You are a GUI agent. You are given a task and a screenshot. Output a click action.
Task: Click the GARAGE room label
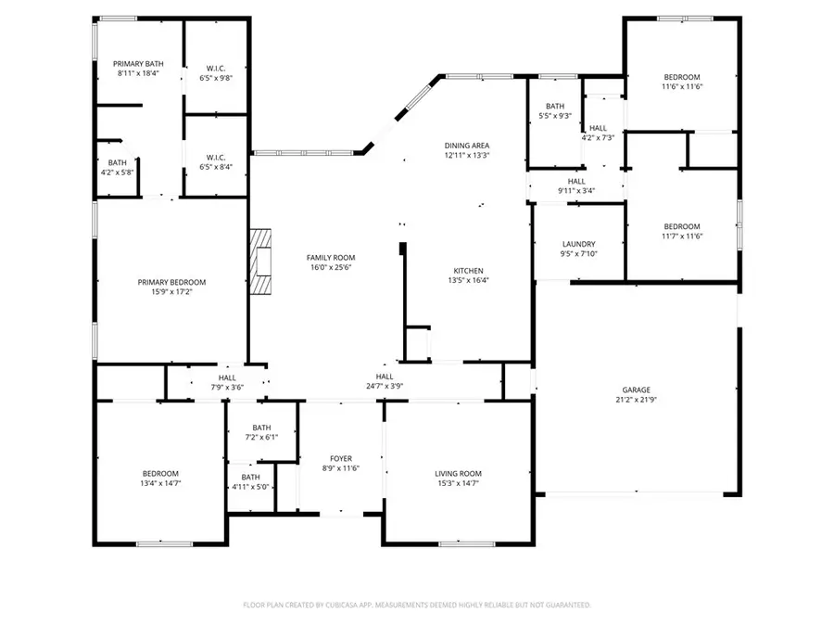click(636, 390)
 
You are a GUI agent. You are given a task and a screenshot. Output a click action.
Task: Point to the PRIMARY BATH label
click(138, 63)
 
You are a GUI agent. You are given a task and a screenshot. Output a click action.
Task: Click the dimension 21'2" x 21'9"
click(636, 401)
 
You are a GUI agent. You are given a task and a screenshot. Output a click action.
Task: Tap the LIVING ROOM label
click(459, 473)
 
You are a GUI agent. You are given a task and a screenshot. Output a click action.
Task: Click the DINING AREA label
click(467, 146)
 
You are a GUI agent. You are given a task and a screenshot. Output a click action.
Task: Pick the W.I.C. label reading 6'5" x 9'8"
click(215, 79)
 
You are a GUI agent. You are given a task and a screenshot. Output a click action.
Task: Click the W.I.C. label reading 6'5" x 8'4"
click(215, 167)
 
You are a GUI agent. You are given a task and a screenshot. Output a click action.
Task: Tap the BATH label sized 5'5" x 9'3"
click(555, 116)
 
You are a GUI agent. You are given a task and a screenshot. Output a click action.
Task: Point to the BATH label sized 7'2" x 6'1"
click(261, 437)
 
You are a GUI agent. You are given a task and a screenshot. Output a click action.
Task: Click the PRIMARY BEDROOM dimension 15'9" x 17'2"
click(171, 292)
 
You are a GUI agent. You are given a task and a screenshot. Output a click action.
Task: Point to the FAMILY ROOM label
click(331, 258)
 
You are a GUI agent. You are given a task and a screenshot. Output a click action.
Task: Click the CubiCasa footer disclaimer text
click(417, 605)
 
